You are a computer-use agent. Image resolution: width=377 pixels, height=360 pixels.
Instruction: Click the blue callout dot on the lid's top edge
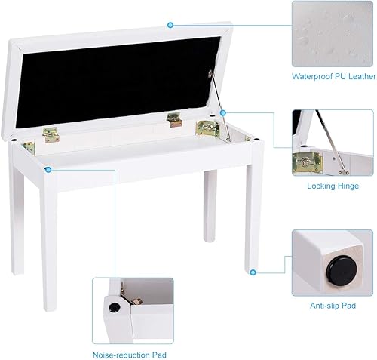pyautogui.click(x=171, y=24)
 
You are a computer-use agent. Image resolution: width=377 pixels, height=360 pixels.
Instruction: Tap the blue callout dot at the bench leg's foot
pyautogui.click(x=253, y=272)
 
